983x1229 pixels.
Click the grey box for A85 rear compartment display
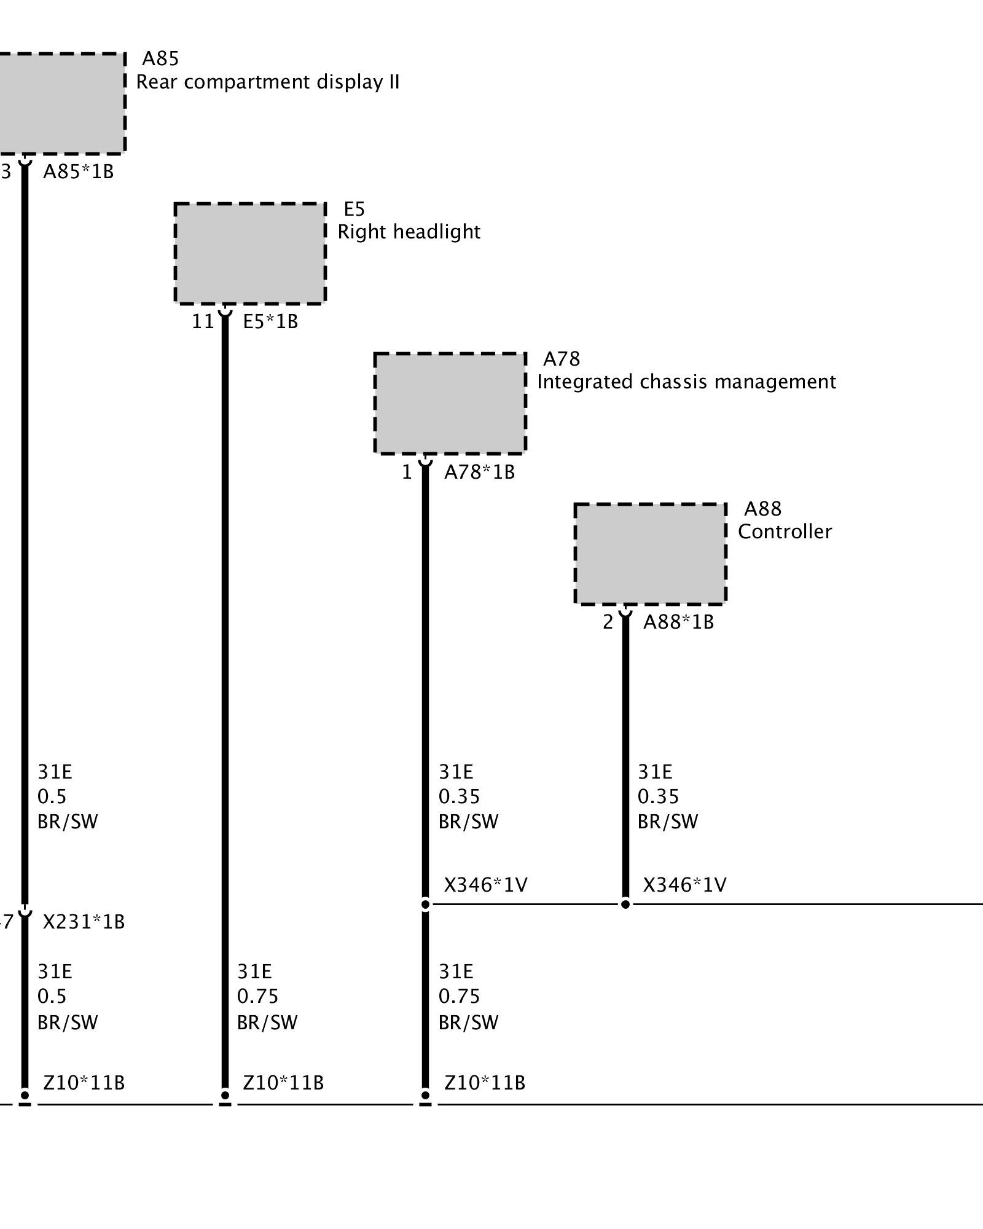tap(61, 103)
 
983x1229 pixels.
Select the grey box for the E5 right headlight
tap(250, 253)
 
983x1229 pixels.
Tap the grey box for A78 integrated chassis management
tap(450, 404)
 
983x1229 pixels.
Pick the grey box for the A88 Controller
tap(650, 554)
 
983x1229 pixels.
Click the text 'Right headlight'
tap(409, 232)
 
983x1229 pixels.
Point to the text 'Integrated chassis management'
tap(686, 382)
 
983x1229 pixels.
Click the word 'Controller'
tap(785, 532)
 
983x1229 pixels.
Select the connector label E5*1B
tap(270, 321)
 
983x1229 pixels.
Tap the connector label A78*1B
tap(479, 472)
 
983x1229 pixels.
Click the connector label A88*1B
tap(678, 622)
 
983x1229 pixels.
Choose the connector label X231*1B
tap(84, 922)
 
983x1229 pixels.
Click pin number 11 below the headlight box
tap(203, 321)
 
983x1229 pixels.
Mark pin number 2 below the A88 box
tap(608, 622)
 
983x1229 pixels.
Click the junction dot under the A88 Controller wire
tap(625, 904)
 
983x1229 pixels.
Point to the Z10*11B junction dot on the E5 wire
tap(225, 1095)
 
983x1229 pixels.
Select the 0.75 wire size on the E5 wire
tap(257, 995)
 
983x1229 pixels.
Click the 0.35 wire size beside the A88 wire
tap(658, 796)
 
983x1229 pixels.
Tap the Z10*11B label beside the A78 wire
tap(484, 1082)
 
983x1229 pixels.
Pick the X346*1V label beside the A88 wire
tap(684, 885)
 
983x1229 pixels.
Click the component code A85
tap(160, 58)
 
